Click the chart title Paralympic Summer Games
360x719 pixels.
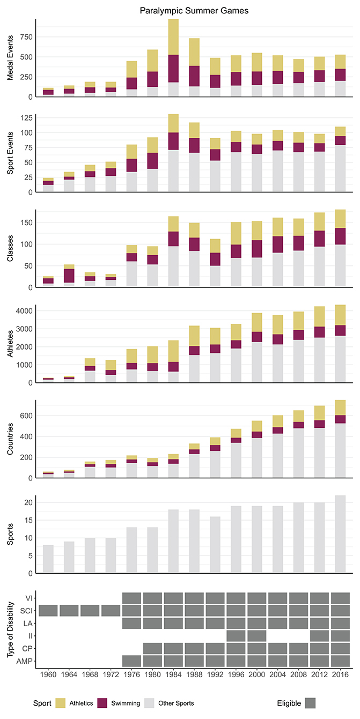(x=193, y=10)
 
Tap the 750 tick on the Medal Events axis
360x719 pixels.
(x=26, y=36)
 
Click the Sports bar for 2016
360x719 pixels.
(x=341, y=533)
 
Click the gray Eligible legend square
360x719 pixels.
(x=311, y=702)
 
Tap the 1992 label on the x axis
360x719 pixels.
(x=215, y=677)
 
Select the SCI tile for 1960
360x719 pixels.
(x=48, y=611)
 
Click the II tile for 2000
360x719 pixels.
(x=257, y=635)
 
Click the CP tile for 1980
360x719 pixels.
(x=152, y=648)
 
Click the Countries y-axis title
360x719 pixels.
(x=10, y=439)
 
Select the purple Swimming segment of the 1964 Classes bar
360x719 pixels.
(x=69, y=276)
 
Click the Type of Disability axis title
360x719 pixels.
(x=10, y=629)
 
